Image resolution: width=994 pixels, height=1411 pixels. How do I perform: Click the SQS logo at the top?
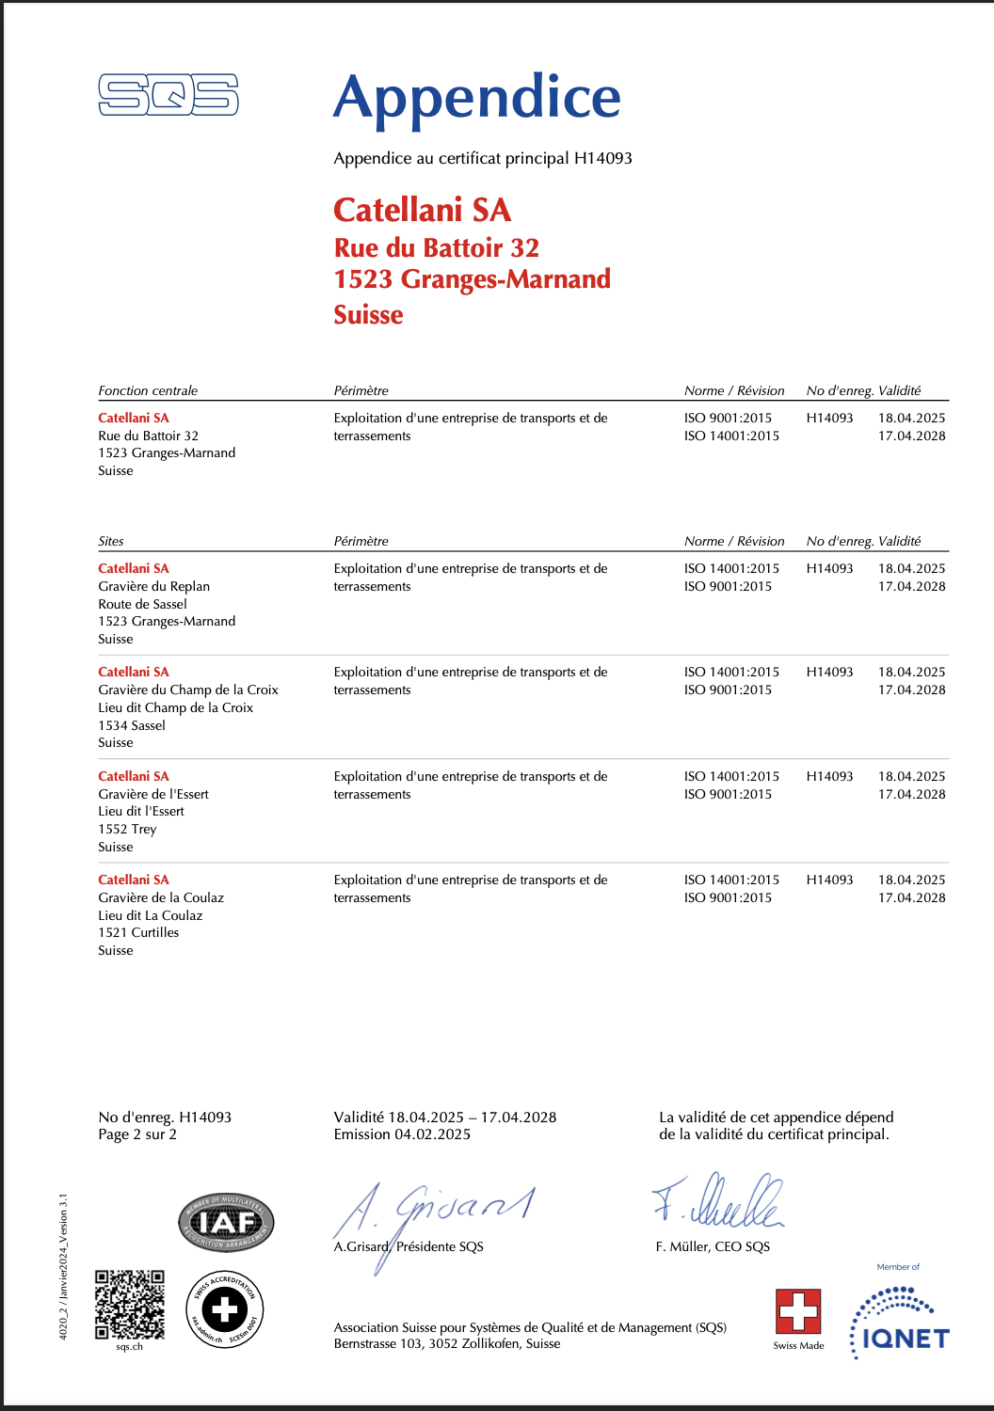(x=168, y=95)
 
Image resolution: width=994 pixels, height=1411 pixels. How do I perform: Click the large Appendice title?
(x=477, y=98)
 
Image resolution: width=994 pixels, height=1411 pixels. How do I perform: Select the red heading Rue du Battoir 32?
(x=437, y=248)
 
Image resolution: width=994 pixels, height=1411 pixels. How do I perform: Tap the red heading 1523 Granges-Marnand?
(x=472, y=279)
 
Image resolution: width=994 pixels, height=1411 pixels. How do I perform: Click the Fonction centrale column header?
(x=148, y=390)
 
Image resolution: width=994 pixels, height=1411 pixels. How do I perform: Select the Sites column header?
(x=111, y=541)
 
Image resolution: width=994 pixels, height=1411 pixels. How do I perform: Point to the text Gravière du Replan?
(x=153, y=586)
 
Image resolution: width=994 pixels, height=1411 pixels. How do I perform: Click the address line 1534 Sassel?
(x=132, y=725)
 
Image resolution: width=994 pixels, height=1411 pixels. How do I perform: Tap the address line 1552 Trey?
(x=127, y=829)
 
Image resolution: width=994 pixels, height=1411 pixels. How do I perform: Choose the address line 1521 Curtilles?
(x=138, y=932)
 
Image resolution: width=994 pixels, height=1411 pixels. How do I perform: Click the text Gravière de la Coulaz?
(x=161, y=897)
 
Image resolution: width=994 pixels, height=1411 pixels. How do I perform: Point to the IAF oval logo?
(x=226, y=1223)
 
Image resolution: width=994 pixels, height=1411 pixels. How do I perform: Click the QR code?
(x=130, y=1305)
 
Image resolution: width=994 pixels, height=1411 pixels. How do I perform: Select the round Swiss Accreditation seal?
(x=225, y=1309)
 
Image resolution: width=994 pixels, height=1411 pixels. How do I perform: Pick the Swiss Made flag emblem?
(x=798, y=1311)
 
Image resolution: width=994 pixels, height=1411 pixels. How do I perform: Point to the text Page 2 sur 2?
(x=137, y=1134)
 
